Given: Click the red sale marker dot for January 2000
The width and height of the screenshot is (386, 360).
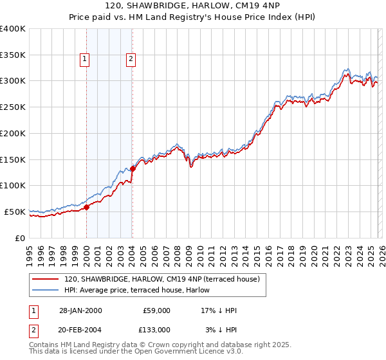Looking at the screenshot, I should pyautogui.click(x=86, y=207).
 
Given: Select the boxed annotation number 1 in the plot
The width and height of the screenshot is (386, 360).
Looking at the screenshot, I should pyautogui.click(x=85, y=60).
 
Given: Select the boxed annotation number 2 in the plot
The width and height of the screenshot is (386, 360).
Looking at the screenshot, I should pyautogui.click(x=131, y=60).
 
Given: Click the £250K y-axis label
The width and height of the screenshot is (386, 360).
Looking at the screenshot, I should pyautogui.click(x=13, y=107).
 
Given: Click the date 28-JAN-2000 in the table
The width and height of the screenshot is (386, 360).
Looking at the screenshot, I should pyautogui.click(x=80, y=310).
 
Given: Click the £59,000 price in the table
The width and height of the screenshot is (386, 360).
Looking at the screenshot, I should pyautogui.click(x=156, y=310).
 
